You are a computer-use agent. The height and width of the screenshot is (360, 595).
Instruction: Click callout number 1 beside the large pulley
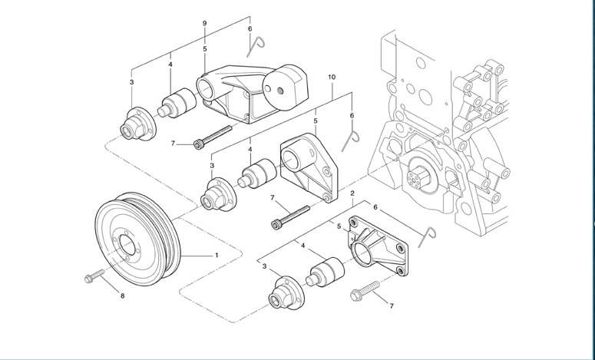tap(217, 254)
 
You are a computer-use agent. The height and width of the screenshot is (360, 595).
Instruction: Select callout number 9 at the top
tap(204, 24)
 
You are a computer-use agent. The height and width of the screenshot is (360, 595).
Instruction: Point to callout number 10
tap(332, 78)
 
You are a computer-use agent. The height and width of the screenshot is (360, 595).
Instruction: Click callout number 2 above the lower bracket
tap(352, 193)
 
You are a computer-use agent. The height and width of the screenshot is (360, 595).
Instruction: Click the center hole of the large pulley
tap(126, 248)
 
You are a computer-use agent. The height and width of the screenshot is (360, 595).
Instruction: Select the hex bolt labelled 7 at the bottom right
tap(365, 292)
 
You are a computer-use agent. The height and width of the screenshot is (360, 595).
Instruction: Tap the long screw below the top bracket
tap(213, 136)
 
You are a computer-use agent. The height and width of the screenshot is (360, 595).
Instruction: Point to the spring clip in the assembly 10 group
tap(352, 138)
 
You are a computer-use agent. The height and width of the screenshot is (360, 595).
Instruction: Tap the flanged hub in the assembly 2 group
tap(283, 292)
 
